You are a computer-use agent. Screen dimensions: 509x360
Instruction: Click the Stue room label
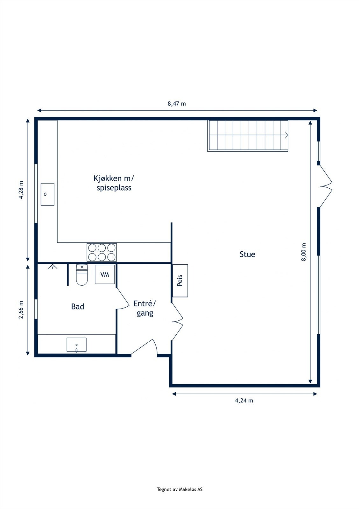[247, 254]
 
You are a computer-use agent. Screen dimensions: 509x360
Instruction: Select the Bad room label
[78, 307]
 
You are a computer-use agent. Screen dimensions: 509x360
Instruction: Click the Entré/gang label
[145, 308]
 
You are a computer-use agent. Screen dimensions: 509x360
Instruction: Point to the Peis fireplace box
[180, 281]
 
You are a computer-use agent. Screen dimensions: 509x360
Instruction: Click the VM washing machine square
[105, 274]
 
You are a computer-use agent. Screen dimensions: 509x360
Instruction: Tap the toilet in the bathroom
[82, 275]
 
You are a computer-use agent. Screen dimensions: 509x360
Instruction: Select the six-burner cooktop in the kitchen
[102, 252]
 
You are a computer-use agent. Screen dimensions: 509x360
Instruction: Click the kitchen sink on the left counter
[47, 194]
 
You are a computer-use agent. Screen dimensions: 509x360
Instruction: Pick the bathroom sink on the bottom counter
[76, 345]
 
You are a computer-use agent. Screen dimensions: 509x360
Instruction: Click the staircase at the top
[248, 135]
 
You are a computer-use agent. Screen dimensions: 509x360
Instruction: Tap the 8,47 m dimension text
[177, 104]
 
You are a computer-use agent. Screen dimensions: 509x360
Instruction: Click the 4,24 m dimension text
[244, 401]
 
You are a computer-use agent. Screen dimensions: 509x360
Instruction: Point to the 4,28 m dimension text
[21, 190]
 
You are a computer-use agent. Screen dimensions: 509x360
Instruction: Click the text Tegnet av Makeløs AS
[180, 490]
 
